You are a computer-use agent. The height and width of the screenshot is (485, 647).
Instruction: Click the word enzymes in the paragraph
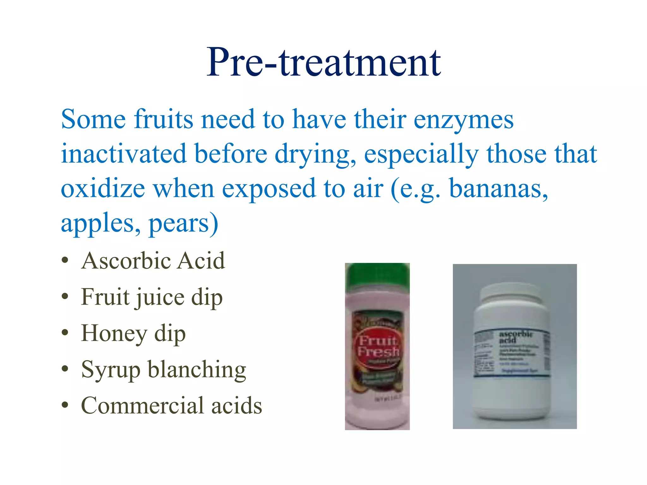click(463, 120)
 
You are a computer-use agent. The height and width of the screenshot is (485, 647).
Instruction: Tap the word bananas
click(498, 189)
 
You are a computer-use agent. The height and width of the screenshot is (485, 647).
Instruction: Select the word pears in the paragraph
click(179, 223)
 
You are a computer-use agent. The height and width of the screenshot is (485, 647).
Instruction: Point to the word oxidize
click(103, 189)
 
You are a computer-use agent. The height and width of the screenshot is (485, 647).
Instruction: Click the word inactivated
click(124, 154)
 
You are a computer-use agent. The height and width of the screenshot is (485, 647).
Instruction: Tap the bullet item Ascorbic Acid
click(153, 261)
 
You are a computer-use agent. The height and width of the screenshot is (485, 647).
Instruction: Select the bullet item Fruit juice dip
click(152, 297)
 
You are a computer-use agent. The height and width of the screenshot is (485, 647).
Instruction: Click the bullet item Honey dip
click(133, 334)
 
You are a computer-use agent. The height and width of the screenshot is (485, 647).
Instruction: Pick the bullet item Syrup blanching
click(163, 370)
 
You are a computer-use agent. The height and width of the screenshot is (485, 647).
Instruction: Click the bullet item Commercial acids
click(171, 406)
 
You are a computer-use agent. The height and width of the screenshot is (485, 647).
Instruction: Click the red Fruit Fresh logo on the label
click(378, 346)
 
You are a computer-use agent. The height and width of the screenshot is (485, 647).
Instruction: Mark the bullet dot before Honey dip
click(65, 333)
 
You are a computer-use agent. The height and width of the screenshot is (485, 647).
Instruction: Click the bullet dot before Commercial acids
click(65, 405)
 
